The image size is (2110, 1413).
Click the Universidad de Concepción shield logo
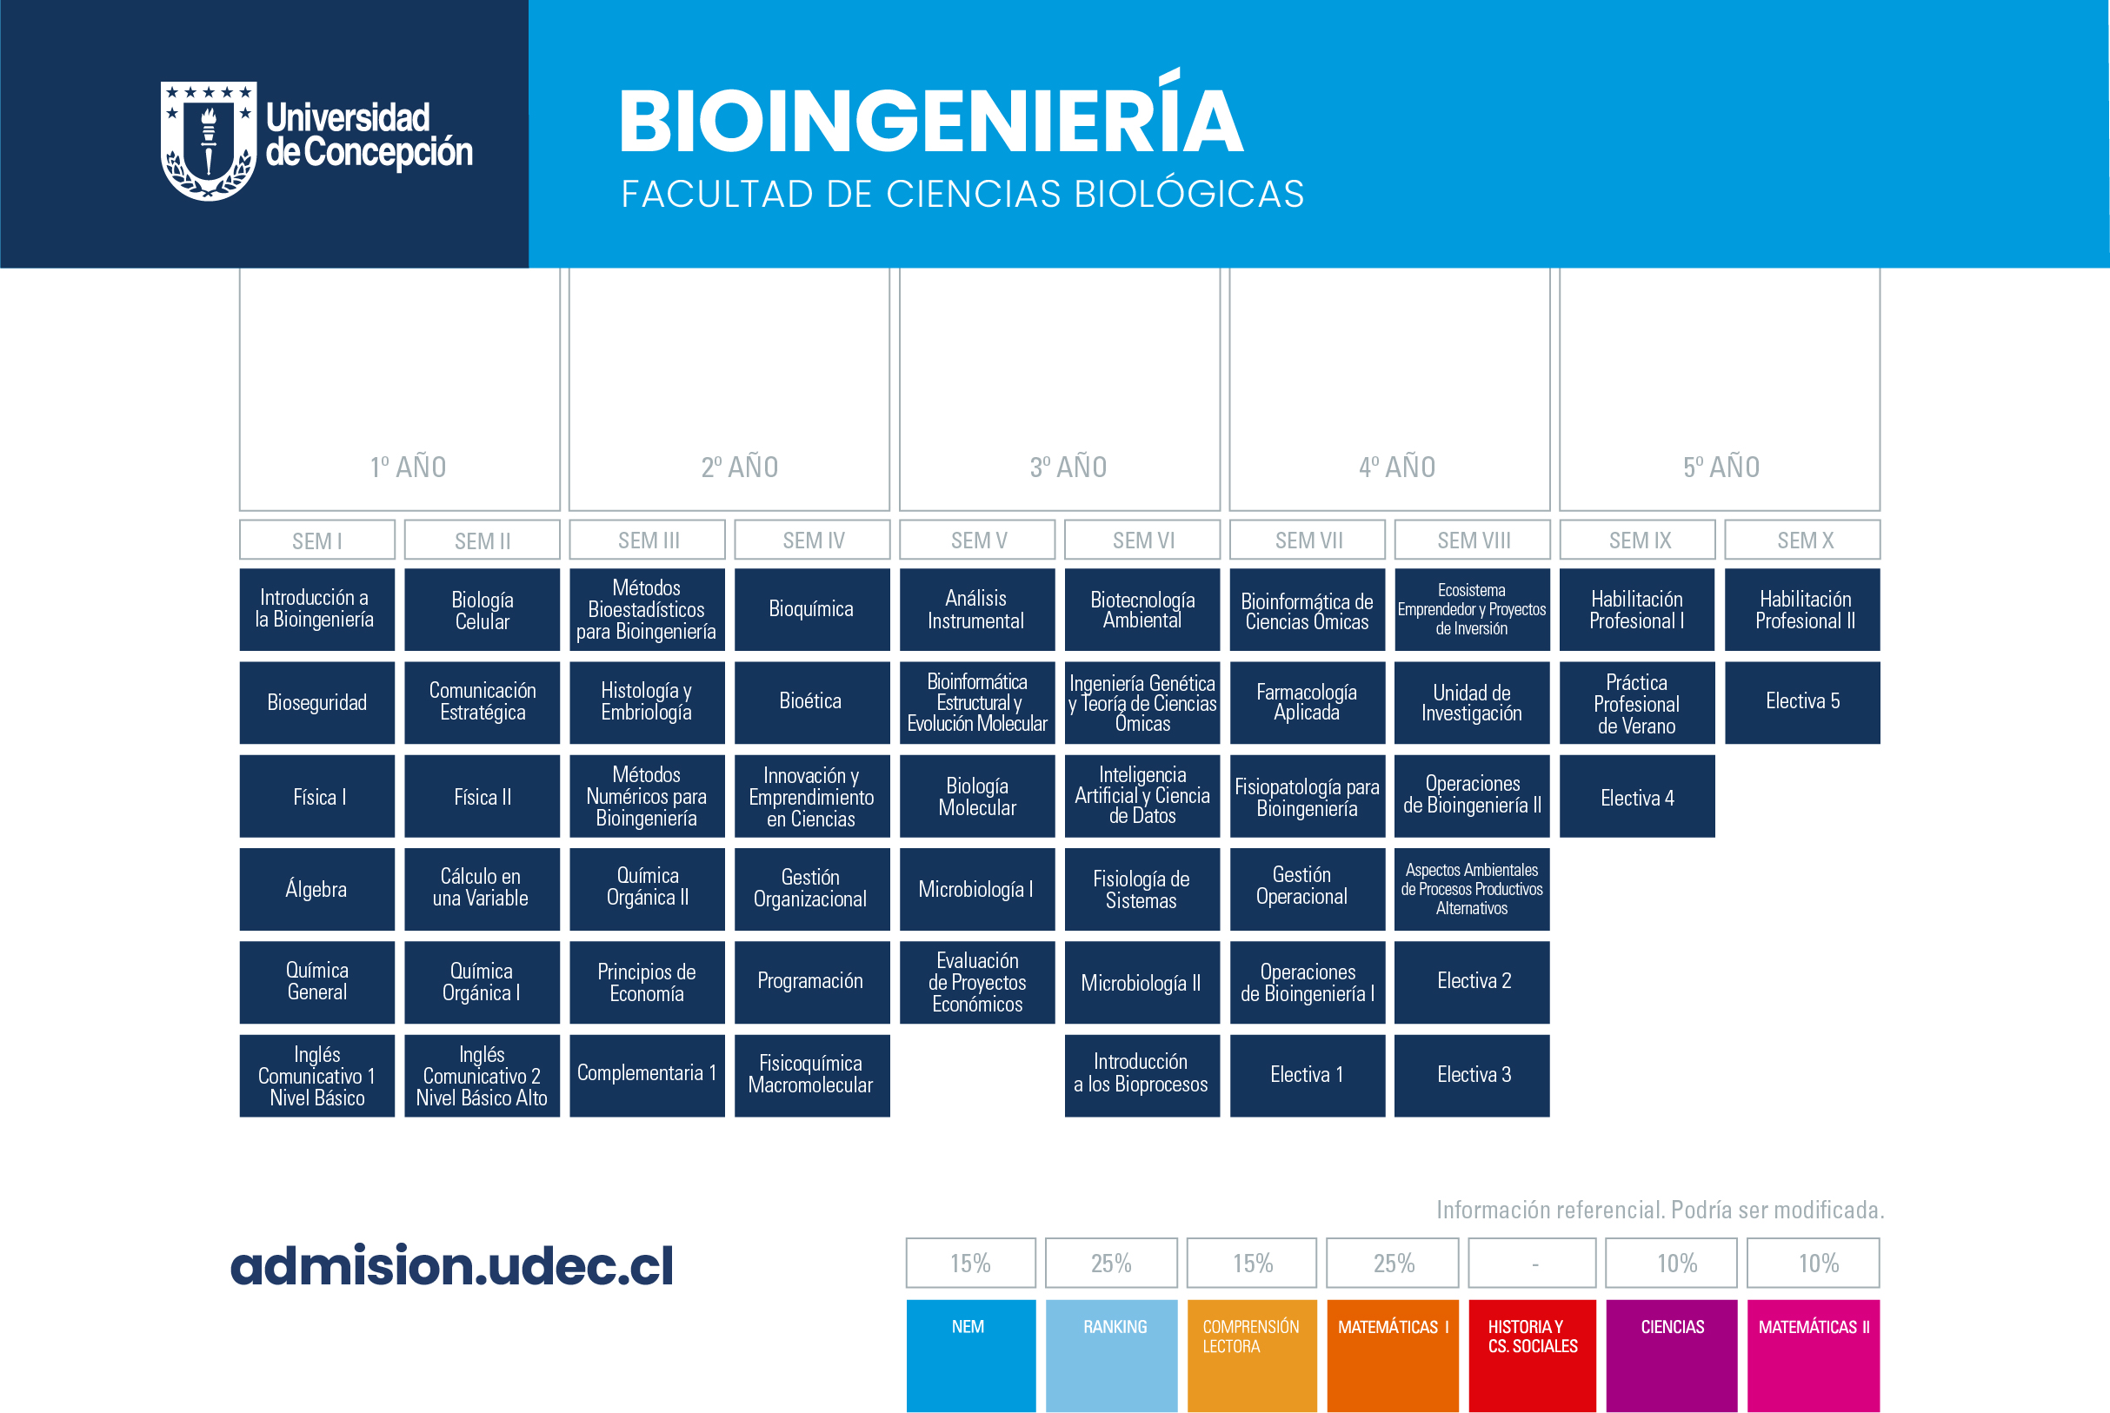(x=208, y=141)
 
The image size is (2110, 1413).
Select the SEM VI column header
(x=1142, y=540)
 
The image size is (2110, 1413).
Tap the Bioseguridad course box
(x=317, y=703)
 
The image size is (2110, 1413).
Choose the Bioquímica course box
(x=812, y=609)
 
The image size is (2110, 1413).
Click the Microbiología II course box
(x=1142, y=982)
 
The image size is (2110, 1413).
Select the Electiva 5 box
(x=1802, y=703)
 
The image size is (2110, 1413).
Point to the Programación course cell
(x=812, y=982)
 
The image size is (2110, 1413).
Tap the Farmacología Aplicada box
(x=1307, y=703)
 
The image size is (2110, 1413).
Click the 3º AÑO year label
(x=1068, y=467)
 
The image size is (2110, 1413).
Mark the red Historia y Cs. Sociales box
(x=1532, y=1356)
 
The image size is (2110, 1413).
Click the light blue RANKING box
(x=1111, y=1356)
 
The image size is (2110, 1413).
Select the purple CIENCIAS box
(x=1672, y=1356)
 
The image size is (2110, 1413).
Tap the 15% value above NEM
(x=971, y=1264)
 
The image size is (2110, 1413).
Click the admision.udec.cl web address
(x=451, y=1265)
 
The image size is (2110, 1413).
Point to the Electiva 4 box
(x=1638, y=797)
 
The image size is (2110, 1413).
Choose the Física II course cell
(x=483, y=797)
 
